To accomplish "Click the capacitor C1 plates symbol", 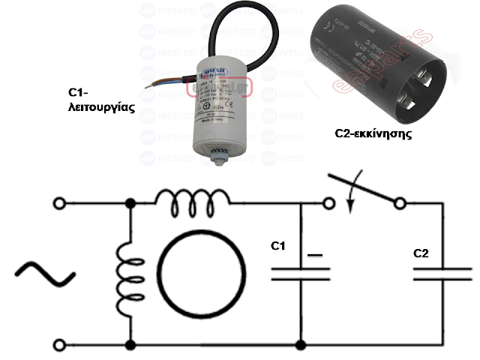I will click(x=300, y=274).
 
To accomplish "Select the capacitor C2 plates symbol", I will click(x=443, y=274).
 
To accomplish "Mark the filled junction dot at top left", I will click(x=132, y=203).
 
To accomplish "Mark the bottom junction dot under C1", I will click(x=300, y=345).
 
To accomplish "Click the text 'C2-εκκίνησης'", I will click(x=375, y=137).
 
